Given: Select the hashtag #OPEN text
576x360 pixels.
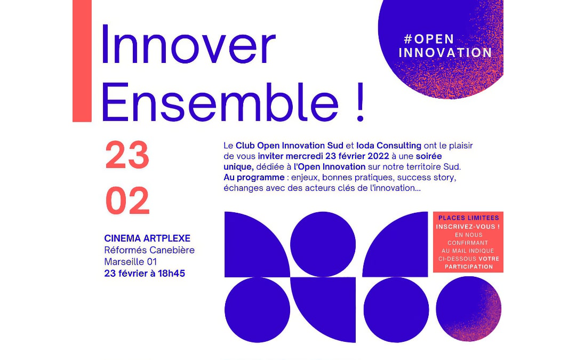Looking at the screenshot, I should pyautogui.click(x=429, y=39).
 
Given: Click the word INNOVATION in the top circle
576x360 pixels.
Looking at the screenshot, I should pyautogui.click(x=445, y=53).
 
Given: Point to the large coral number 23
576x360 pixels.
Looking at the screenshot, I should pyautogui.click(x=127, y=156).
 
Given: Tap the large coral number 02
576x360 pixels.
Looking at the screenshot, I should pyautogui.click(x=127, y=201).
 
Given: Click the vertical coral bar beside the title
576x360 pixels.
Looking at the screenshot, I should pyautogui.click(x=82, y=61).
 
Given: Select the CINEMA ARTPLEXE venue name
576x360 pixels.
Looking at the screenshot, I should pyautogui.click(x=147, y=238).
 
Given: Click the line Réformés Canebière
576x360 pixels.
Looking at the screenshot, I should pyautogui.click(x=149, y=250).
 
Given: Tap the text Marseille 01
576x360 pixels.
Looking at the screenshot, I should pyautogui.click(x=131, y=262).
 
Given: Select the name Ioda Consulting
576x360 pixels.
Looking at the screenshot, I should pyautogui.click(x=388, y=146).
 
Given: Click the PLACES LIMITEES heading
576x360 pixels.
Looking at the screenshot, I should pyautogui.click(x=468, y=218).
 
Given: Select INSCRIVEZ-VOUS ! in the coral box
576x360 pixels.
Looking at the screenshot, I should pyautogui.click(x=468, y=226).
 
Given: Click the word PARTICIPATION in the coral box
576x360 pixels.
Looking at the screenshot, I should pyautogui.click(x=468, y=267).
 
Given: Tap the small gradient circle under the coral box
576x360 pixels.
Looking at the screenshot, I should pyautogui.click(x=469, y=309).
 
